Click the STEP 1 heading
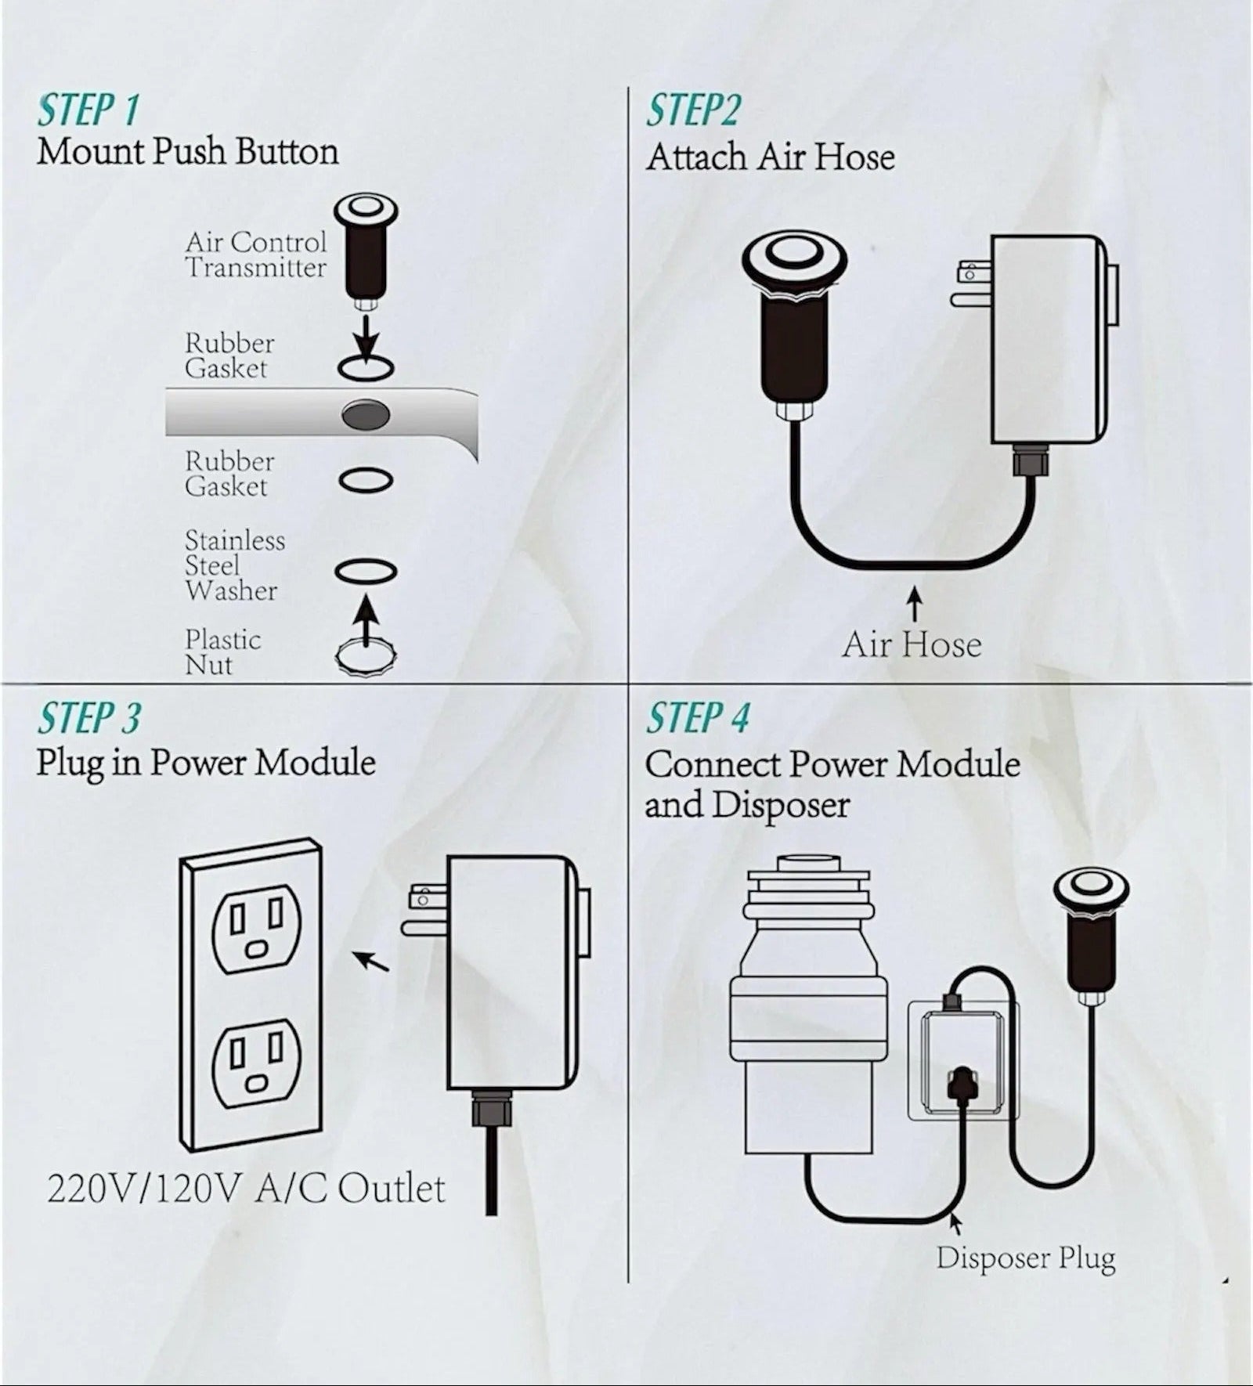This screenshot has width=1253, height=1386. pos(88,110)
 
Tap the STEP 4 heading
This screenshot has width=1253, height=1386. pos(697,718)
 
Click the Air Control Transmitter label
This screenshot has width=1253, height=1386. pos(255,254)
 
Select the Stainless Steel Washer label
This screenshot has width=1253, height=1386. pos(233,565)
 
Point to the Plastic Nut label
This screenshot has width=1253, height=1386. pos(222,651)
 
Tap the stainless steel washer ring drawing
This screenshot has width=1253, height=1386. pos(366,572)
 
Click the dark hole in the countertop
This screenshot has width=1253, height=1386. pos(366,414)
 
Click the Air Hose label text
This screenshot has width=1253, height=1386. pos(912,645)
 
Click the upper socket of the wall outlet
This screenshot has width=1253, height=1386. pos(255,929)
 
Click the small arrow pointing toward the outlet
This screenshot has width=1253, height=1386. pos(371,961)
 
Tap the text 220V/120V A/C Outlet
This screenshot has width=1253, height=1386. pos(246,1189)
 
